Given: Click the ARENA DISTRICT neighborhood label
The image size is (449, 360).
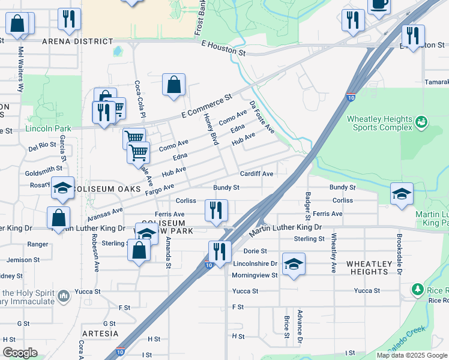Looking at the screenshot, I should [77, 41].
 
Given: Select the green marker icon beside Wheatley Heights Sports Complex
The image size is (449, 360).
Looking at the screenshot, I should [421, 122].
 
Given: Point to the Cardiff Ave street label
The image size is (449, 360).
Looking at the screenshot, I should [257, 174].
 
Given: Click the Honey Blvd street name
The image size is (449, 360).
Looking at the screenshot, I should [210, 129].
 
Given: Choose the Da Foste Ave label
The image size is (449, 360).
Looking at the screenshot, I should [262, 117].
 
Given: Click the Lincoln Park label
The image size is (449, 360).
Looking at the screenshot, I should [48, 128].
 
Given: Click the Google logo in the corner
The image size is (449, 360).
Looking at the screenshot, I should [20, 353].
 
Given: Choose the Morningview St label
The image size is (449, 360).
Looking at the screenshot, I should [255, 275].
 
